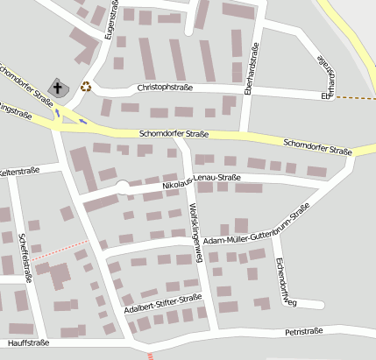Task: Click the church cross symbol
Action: pos(59,88)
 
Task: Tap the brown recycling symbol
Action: pos(86,86)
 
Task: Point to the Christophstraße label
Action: pos(165,88)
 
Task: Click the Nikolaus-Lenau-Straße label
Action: pos(202,181)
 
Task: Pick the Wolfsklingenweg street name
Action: pos(196,226)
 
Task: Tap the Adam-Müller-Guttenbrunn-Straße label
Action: pos(256,226)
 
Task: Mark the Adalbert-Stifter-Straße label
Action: pos(163,303)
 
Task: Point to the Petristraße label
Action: pos(303,331)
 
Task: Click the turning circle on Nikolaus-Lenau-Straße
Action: pos(122,187)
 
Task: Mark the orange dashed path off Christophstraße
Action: pos(354,96)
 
